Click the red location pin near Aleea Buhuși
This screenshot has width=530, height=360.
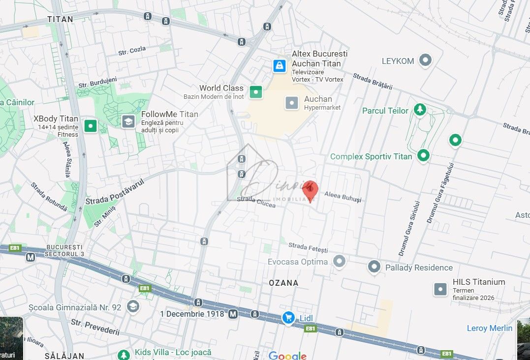pos(310,189)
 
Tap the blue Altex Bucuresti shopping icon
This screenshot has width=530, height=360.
pos(280,65)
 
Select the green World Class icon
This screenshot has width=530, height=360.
pos(255,91)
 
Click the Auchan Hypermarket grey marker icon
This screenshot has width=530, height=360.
pos(292,103)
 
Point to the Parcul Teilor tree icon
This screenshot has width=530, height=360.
pos(419,110)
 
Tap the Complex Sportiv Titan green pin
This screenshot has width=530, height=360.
pos(423,156)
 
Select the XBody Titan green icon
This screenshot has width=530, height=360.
pos(91,126)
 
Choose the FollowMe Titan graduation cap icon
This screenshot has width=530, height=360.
pos(128,121)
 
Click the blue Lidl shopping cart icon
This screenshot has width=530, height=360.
pos(289,318)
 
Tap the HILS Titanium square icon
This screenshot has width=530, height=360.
pos(440,289)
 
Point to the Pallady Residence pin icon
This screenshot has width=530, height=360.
pos(374,267)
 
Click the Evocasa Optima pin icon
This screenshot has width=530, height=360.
pos(339,261)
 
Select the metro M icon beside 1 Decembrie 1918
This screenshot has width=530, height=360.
pos(233,314)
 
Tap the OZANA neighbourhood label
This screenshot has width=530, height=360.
pos(284,283)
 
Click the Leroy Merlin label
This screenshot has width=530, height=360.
pos(489,328)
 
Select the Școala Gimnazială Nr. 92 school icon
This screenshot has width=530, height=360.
pos(132,307)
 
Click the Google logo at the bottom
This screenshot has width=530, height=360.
pos(287,355)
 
